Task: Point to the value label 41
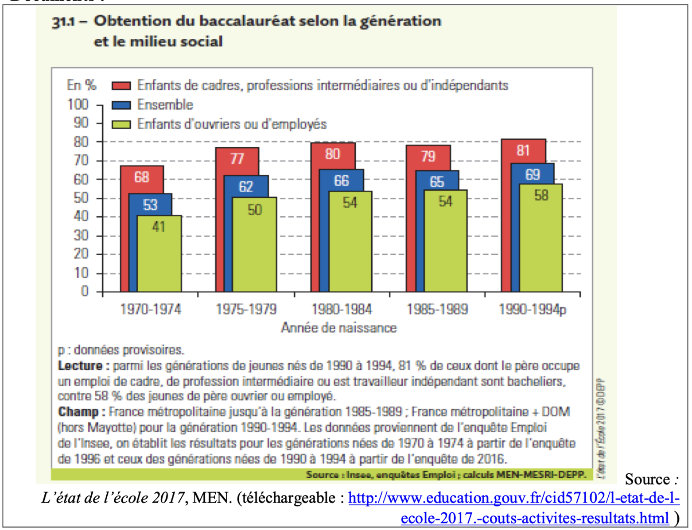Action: (x=159, y=227)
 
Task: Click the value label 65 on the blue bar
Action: (x=437, y=181)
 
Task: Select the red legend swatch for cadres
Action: (x=121, y=85)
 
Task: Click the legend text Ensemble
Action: (x=165, y=105)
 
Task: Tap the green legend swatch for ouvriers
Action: (x=121, y=124)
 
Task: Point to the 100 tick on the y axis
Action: (x=78, y=104)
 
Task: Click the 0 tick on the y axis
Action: (x=85, y=291)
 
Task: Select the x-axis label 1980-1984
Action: (x=342, y=309)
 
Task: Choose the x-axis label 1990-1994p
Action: (x=532, y=309)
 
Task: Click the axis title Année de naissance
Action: (x=339, y=328)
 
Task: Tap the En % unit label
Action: (x=82, y=85)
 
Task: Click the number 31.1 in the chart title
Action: (x=63, y=22)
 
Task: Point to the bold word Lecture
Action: (x=80, y=366)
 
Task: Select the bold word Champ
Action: (x=78, y=412)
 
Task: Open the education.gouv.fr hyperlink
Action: (x=513, y=498)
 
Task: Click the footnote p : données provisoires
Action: (x=121, y=350)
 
